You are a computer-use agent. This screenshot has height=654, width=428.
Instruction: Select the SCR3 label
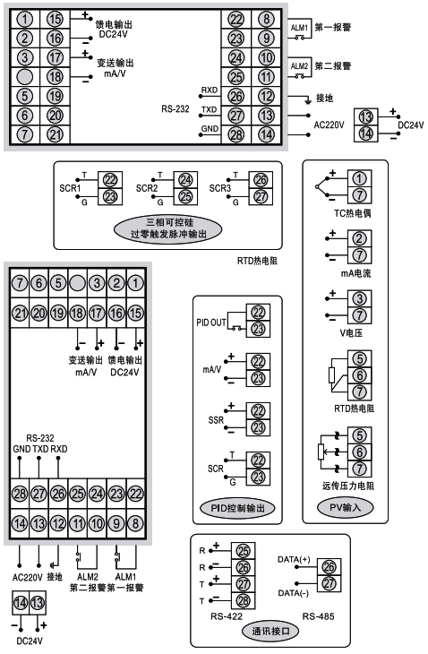point(220,188)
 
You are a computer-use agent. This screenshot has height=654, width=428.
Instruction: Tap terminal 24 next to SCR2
point(185,179)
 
